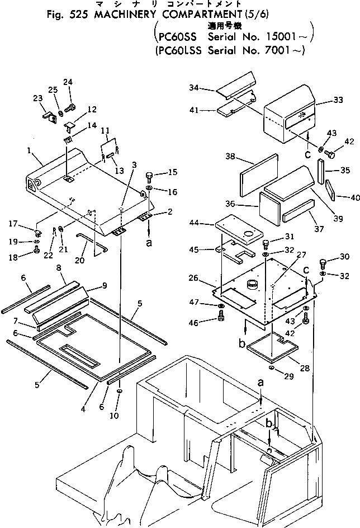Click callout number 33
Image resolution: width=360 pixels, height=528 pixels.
(x=338, y=100)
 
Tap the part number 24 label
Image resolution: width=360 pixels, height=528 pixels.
(x=68, y=83)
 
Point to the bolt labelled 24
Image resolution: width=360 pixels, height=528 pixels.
(x=71, y=105)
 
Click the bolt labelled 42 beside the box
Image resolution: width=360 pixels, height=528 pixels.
(x=328, y=153)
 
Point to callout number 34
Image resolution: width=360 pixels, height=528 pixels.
(x=193, y=88)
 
